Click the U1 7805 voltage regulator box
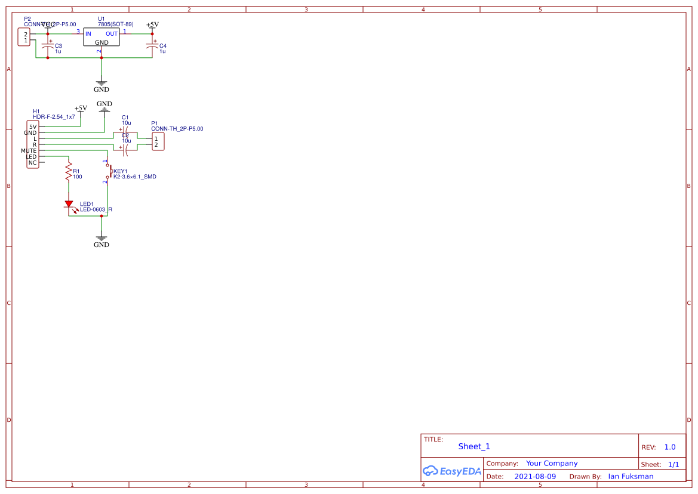click(x=102, y=38)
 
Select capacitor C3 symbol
click(x=48, y=47)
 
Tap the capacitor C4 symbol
click(x=152, y=47)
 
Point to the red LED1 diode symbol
click(x=69, y=205)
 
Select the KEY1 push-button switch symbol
click(x=108, y=171)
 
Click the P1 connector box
click(x=158, y=141)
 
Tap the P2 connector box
click(x=26, y=38)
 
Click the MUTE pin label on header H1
click(x=29, y=151)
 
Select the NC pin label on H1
click(x=32, y=163)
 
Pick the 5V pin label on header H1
click(x=32, y=126)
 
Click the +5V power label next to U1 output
click(x=153, y=24)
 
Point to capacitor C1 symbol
click(x=125, y=129)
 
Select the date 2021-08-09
click(x=535, y=476)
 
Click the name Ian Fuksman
click(x=631, y=476)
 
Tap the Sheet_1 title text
click(x=474, y=446)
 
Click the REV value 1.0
click(x=670, y=447)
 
